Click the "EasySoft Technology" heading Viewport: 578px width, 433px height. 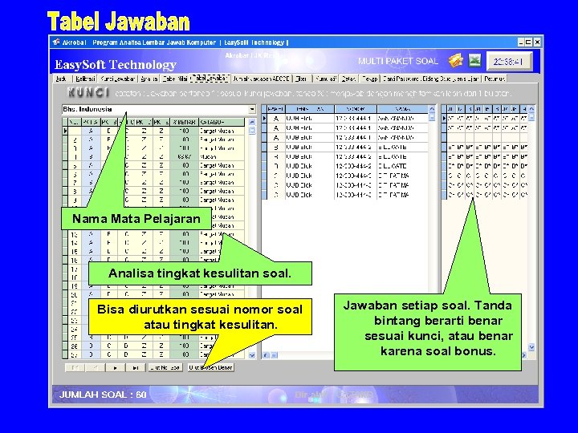click(115, 64)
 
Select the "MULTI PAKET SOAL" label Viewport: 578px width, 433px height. click(398, 61)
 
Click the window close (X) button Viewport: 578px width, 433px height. click(535, 42)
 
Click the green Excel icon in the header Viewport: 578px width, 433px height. click(475, 60)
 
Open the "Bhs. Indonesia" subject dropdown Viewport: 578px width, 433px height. click(252, 109)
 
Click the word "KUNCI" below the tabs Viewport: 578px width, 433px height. click(82, 93)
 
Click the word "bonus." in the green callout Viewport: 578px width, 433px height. click(478, 350)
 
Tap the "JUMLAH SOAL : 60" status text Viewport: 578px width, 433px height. click(103, 395)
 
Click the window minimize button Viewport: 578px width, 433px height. click(519, 42)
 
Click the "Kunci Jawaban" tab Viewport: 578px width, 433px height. click(117, 79)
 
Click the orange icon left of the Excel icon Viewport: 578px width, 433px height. click(456, 60)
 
